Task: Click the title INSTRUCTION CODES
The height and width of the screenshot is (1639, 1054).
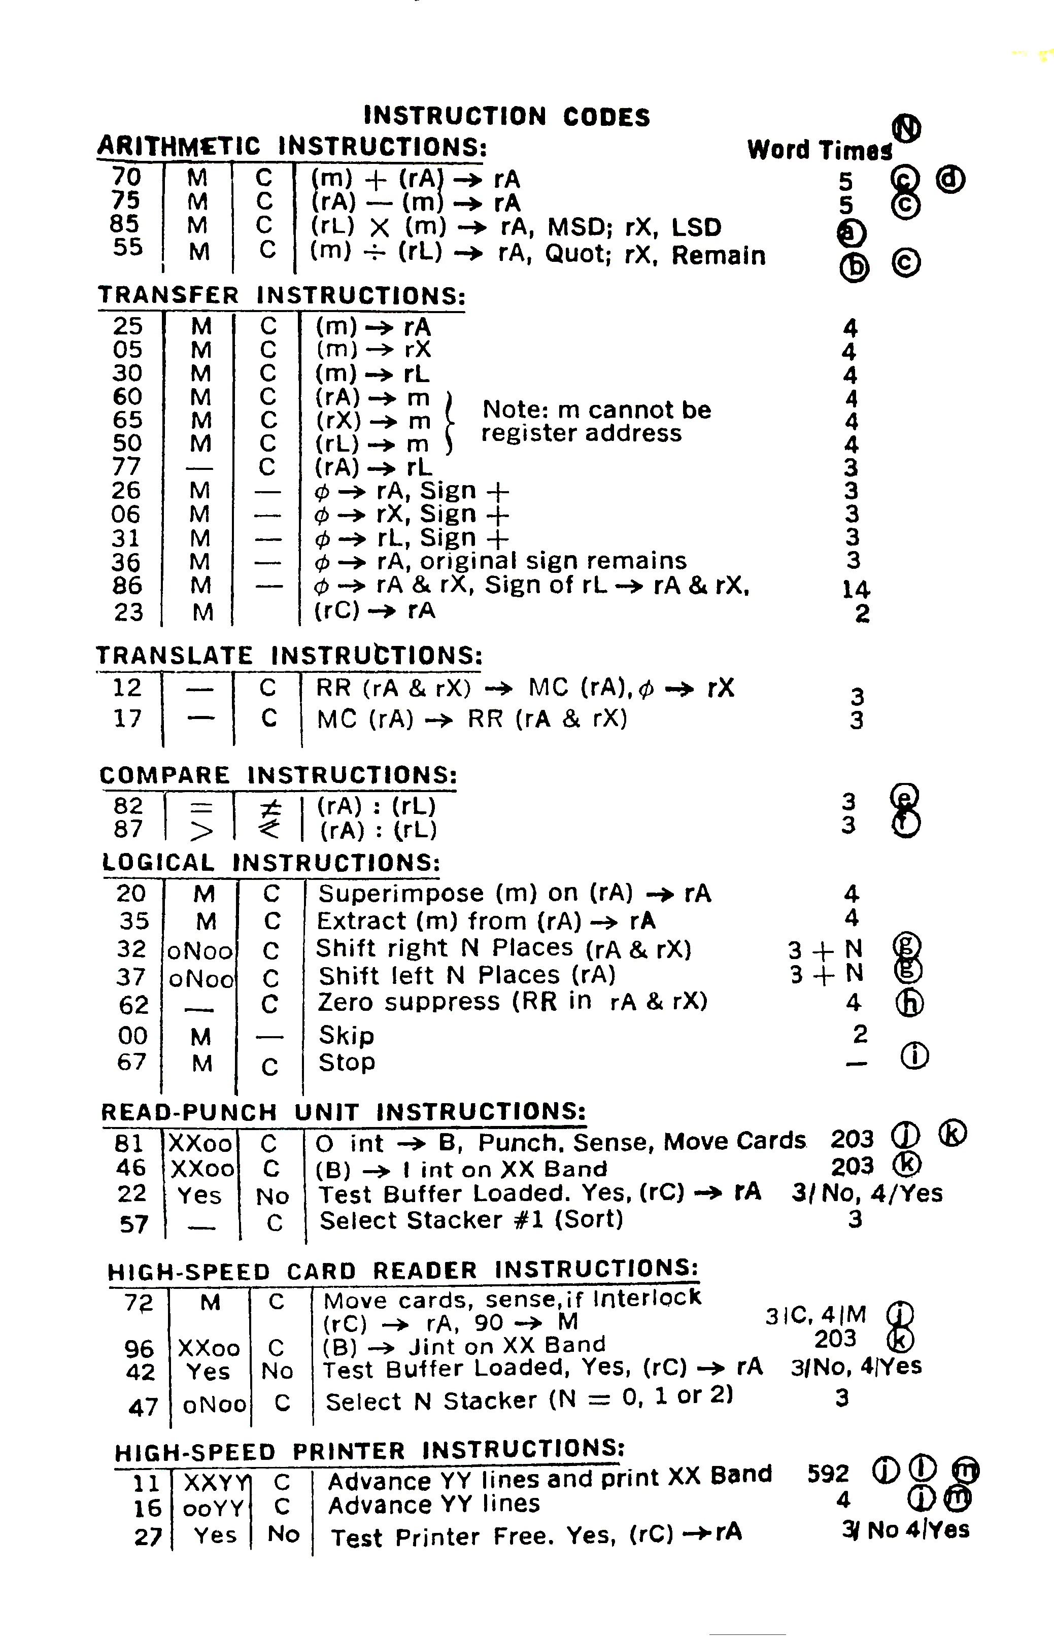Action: (x=506, y=116)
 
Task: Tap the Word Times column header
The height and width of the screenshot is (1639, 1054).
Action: (x=819, y=150)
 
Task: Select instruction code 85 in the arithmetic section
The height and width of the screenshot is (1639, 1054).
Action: (x=126, y=224)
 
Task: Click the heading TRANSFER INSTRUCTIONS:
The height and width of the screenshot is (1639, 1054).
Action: (x=281, y=296)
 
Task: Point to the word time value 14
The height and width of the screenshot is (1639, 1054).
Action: (x=856, y=589)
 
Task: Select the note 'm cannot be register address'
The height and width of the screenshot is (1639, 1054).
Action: (x=595, y=422)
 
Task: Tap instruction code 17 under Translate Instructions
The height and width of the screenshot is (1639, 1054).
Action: (x=128, y=719)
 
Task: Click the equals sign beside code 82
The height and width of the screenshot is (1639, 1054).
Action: (x=200, y=807)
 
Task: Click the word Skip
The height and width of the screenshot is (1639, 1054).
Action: (x=346, y=1035)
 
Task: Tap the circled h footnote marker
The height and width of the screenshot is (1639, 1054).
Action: (x=909, y=1003)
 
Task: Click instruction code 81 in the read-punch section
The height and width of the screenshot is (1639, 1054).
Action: (x=129, y=1143)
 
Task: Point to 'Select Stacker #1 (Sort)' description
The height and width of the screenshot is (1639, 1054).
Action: (x=471, y=1220)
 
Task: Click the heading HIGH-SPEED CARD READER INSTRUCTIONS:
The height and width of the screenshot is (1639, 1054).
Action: (x=403, y=1271)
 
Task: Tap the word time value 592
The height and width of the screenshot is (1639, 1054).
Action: (x=828, y=1473)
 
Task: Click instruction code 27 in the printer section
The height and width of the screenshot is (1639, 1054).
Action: (x=147, y=1536)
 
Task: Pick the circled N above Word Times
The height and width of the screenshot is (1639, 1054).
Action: (x=907, y=128)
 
